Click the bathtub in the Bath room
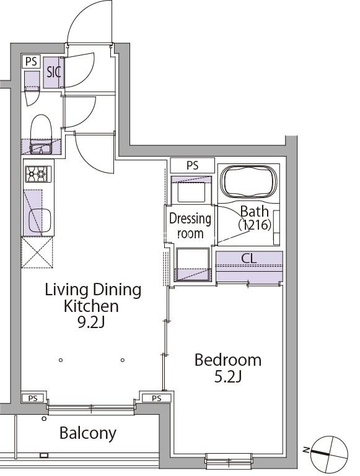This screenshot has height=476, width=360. click(x=249, y=181)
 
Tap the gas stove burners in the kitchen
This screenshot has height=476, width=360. click(x=38, y=174)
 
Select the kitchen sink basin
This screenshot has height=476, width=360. click(x=40, y=220)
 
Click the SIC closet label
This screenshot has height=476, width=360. click(x=54, y=72)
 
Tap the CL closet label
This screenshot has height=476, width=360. click(x=249, y=258)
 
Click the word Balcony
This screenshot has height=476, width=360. click(x=88, y=433)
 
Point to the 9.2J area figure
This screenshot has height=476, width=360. click(x=91, y=322)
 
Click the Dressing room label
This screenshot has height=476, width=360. click(x=190, y=226)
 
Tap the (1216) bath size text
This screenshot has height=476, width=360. click(x=255, y=225)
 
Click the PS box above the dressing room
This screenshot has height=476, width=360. click(x=192, y=165)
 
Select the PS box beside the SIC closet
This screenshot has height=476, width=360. click(x=32, y=61)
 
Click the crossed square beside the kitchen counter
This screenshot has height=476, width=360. click(x=37, y=253)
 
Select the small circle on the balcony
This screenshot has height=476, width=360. click(x=44, y=419)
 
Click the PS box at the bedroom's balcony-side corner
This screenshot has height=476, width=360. click(x=157, y=398)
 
